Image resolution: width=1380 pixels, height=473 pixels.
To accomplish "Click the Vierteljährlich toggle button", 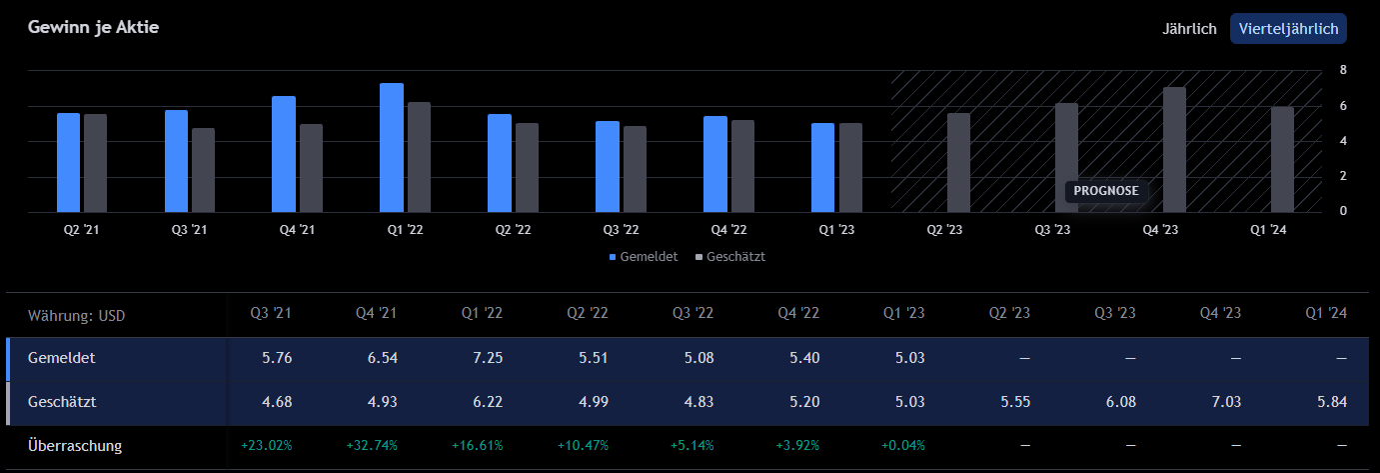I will tap(1288, 29).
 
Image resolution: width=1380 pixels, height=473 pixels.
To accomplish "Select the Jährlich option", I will tap(1189, 29).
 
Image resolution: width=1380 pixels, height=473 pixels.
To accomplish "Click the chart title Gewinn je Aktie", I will tap(94, 27).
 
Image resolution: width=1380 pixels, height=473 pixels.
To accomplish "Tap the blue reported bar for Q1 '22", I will tap(392, 148).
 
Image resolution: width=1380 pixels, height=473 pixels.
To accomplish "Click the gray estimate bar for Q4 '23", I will tap(1174, 150).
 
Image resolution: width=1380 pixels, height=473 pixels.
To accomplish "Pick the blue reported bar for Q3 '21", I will tap(176, 161).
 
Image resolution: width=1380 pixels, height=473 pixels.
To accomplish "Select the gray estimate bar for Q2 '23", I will tap(958, 162).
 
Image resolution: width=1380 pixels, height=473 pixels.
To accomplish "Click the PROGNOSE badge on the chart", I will tap(1106, 191).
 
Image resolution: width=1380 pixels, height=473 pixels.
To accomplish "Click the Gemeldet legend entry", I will tap(644, 257).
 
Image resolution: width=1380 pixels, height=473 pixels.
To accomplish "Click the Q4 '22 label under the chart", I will tap(714, 229).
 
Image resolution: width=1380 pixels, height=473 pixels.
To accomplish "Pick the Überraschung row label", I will tap(75, 446).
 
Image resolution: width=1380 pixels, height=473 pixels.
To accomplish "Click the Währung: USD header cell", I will tap(77, 316).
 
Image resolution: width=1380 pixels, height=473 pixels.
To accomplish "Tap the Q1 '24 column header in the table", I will tap(1326, 313).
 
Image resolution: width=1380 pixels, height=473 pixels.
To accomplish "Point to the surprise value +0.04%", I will tap(903, 446).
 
